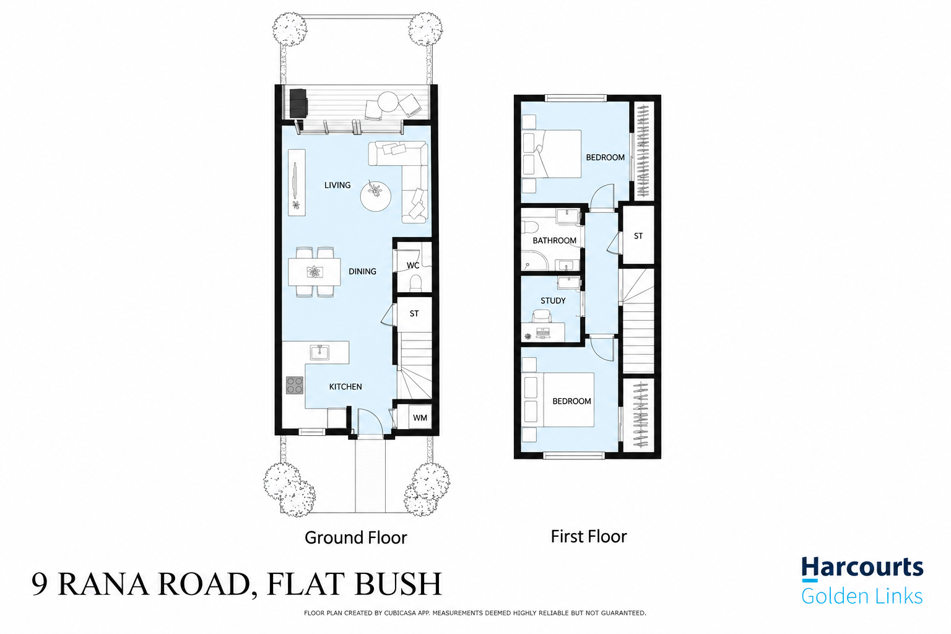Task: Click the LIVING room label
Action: pos(337,185)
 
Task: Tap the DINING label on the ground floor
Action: pos(362,271)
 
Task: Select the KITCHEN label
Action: pos(345,386)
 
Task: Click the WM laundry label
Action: pos(420,418)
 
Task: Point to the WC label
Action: pos(413,266)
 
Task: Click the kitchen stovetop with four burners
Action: pos(295,386)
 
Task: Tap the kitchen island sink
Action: pos(319,352)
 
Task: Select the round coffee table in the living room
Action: pos(376,196)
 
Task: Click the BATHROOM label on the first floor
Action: pos(555,241)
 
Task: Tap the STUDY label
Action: pos(553,301)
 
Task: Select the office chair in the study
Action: pos(542,317)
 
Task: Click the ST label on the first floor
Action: pos(638,236)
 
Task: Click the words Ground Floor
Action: pos(356,537)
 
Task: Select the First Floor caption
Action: pos(588,536)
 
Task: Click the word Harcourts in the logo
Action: pos(862,568)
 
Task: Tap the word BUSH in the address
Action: pos(398,584)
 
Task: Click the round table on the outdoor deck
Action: pos(388,102)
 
